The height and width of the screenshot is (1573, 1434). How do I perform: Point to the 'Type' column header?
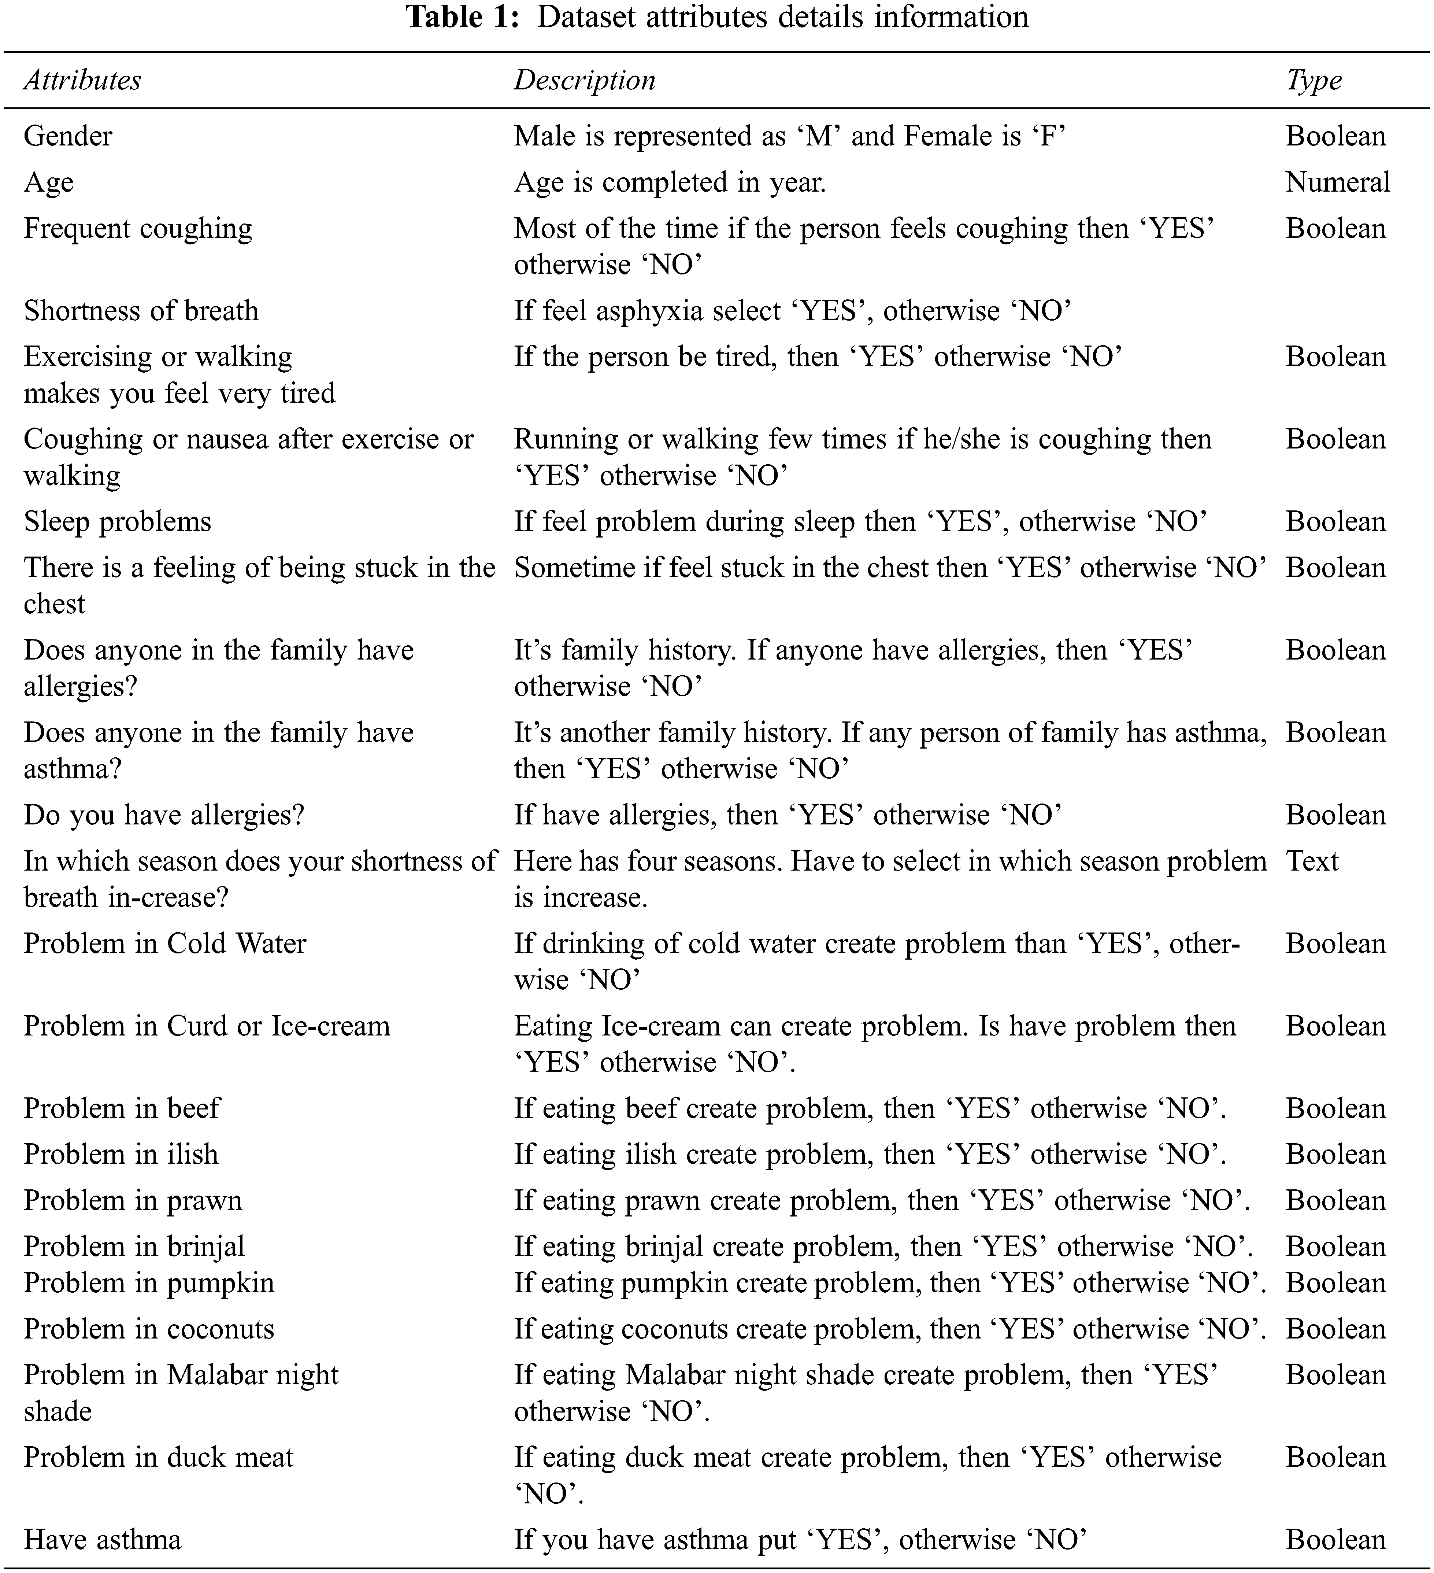[x=1314, y=80]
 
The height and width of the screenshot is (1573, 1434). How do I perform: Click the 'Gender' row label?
[x=68, y=137]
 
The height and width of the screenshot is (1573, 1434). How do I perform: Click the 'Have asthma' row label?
[x=102, y=1539]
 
